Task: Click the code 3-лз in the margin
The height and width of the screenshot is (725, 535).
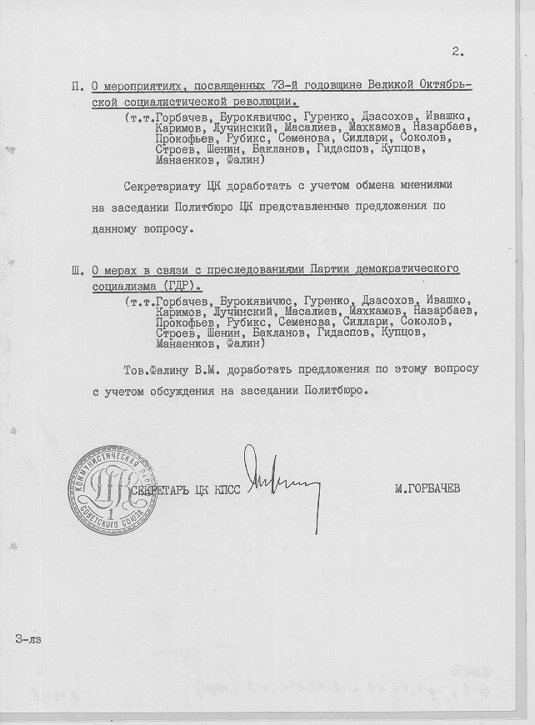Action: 27,640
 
